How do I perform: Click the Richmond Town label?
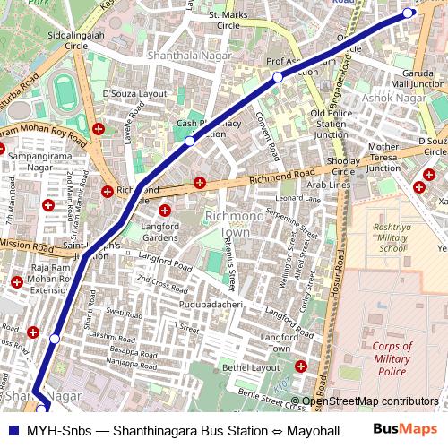[x=235, y=224]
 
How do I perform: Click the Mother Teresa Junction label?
[x=396, y=158]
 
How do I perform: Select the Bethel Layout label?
[x=251, y=367]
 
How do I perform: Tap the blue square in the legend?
[x=12, y=429]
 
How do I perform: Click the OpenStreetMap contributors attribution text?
[x=370, y=401]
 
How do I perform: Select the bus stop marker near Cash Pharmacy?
[x=190, y=141]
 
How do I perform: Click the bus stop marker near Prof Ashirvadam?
[x=278, y=79]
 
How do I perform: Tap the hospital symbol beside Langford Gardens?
[x=165, y=211]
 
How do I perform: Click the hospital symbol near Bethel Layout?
[x=301, y=366]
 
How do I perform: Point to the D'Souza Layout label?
[x=135, y=92]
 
